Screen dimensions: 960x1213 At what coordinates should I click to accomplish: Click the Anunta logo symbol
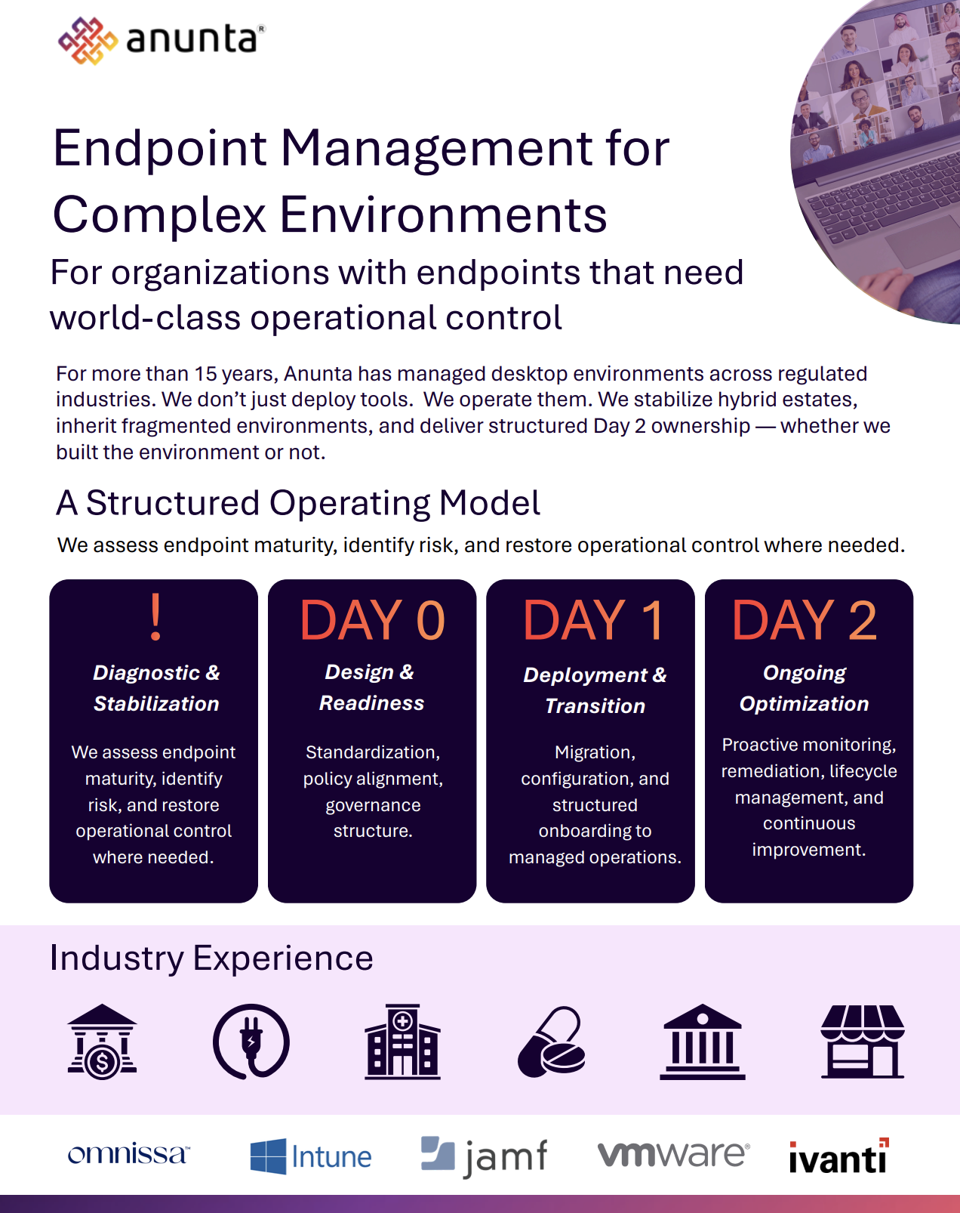pos(88,41)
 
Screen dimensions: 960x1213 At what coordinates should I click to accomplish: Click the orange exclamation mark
pos(155,617)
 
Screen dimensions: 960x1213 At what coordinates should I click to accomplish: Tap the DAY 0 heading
pos(372,620)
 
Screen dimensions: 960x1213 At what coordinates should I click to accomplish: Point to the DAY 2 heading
pos(805,620)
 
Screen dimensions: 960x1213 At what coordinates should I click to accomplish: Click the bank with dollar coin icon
pos(102,1042)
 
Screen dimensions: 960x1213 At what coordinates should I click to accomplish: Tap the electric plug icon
pos(251,1042)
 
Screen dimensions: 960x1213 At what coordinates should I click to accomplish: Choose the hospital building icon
pos(402,1042)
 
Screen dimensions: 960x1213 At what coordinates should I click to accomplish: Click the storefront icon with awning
pos(863,1042)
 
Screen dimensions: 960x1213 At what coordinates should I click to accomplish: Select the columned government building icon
pos(703,1042)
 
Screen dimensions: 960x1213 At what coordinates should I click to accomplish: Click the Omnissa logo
pos(129,1154)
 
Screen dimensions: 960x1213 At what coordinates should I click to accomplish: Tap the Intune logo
pos(311,1156)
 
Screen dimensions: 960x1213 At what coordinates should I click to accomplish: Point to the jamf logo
pos(484,1156)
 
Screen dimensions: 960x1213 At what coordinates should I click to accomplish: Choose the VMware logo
pos(674,1154)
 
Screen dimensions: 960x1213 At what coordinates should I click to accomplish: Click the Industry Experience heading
pos(211,958)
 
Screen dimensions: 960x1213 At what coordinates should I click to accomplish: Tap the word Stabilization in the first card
pos(156,703)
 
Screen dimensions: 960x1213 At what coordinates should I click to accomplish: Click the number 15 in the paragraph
pos(205,374)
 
